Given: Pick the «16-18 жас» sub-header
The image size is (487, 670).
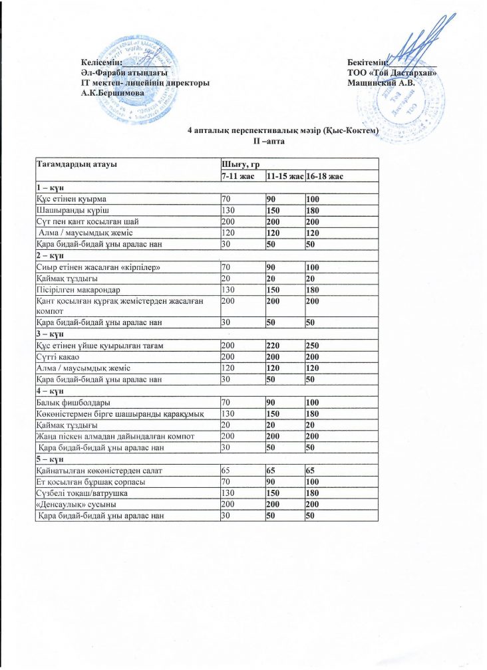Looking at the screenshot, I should [327, 175].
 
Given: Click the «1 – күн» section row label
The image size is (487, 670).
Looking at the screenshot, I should [50, 187].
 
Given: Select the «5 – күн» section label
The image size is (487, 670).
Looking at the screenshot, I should [50, 459].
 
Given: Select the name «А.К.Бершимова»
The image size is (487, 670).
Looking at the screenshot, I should [110, 92].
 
